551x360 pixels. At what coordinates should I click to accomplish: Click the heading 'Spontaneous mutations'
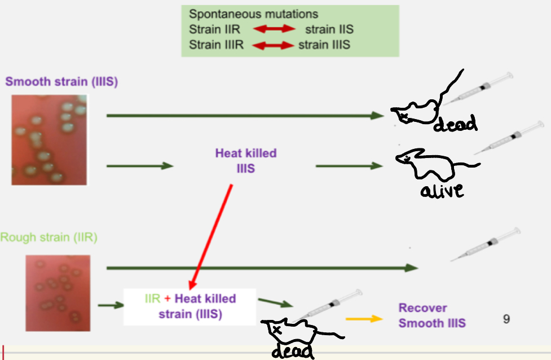pyautogui.click(x=253, y=14)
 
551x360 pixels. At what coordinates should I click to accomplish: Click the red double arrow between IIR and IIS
pyautogui.click(x=273, y=29)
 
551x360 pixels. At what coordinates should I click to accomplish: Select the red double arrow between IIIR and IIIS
pyautogui.click(x=273, y=45)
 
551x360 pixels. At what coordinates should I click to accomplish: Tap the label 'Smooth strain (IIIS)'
pyautogui.click(x=61, y=81)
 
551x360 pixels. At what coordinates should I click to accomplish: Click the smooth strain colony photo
pyautogui.click(x=50, y=140)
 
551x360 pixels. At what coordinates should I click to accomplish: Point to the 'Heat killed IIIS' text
pyautogui.click(x=246, y=160)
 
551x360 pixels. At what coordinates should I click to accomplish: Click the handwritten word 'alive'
pyautogui.click(x=442, y=191)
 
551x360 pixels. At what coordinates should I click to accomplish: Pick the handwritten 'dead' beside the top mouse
pyautogui.click(x=455, y=123)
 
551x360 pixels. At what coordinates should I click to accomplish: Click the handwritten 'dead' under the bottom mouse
pyautogui.click(x=292, y=351)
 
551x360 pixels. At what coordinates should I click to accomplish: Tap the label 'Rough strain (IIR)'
pyautogui.click(x=49, y=238)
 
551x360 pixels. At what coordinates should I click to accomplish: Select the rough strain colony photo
pyautogui.click(x=58, y=292)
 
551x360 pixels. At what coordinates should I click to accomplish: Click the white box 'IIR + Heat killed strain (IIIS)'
pyautogui.click(x=189, y=306)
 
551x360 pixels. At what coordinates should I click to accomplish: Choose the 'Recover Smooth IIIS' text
pyautogui.click(x=432, y=315)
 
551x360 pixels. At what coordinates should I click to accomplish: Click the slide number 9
pyautogui.click(x=506, y=319)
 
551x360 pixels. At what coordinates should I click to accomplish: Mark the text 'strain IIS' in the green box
pyautogui.click(x=329, y=29)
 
